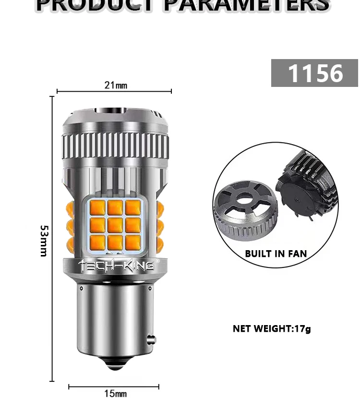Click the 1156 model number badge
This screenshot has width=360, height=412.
(314, 73)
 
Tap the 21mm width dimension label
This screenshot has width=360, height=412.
(116, 85)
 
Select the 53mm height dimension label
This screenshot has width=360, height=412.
(44, 241)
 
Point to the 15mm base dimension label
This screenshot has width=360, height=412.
(116, 394)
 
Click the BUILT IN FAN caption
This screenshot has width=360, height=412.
(276, 254)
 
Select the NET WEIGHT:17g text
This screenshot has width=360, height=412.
(272, 329)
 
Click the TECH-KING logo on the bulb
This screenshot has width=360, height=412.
(116, 265)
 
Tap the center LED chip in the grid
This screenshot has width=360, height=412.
(115, 224)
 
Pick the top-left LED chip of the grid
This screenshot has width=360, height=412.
(98, 207)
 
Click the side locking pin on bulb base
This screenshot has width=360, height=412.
(152, 339)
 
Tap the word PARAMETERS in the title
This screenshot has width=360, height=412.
(247, 5)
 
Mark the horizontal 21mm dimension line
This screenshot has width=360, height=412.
(77, 91)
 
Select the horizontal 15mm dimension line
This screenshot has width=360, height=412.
(86, 387)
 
